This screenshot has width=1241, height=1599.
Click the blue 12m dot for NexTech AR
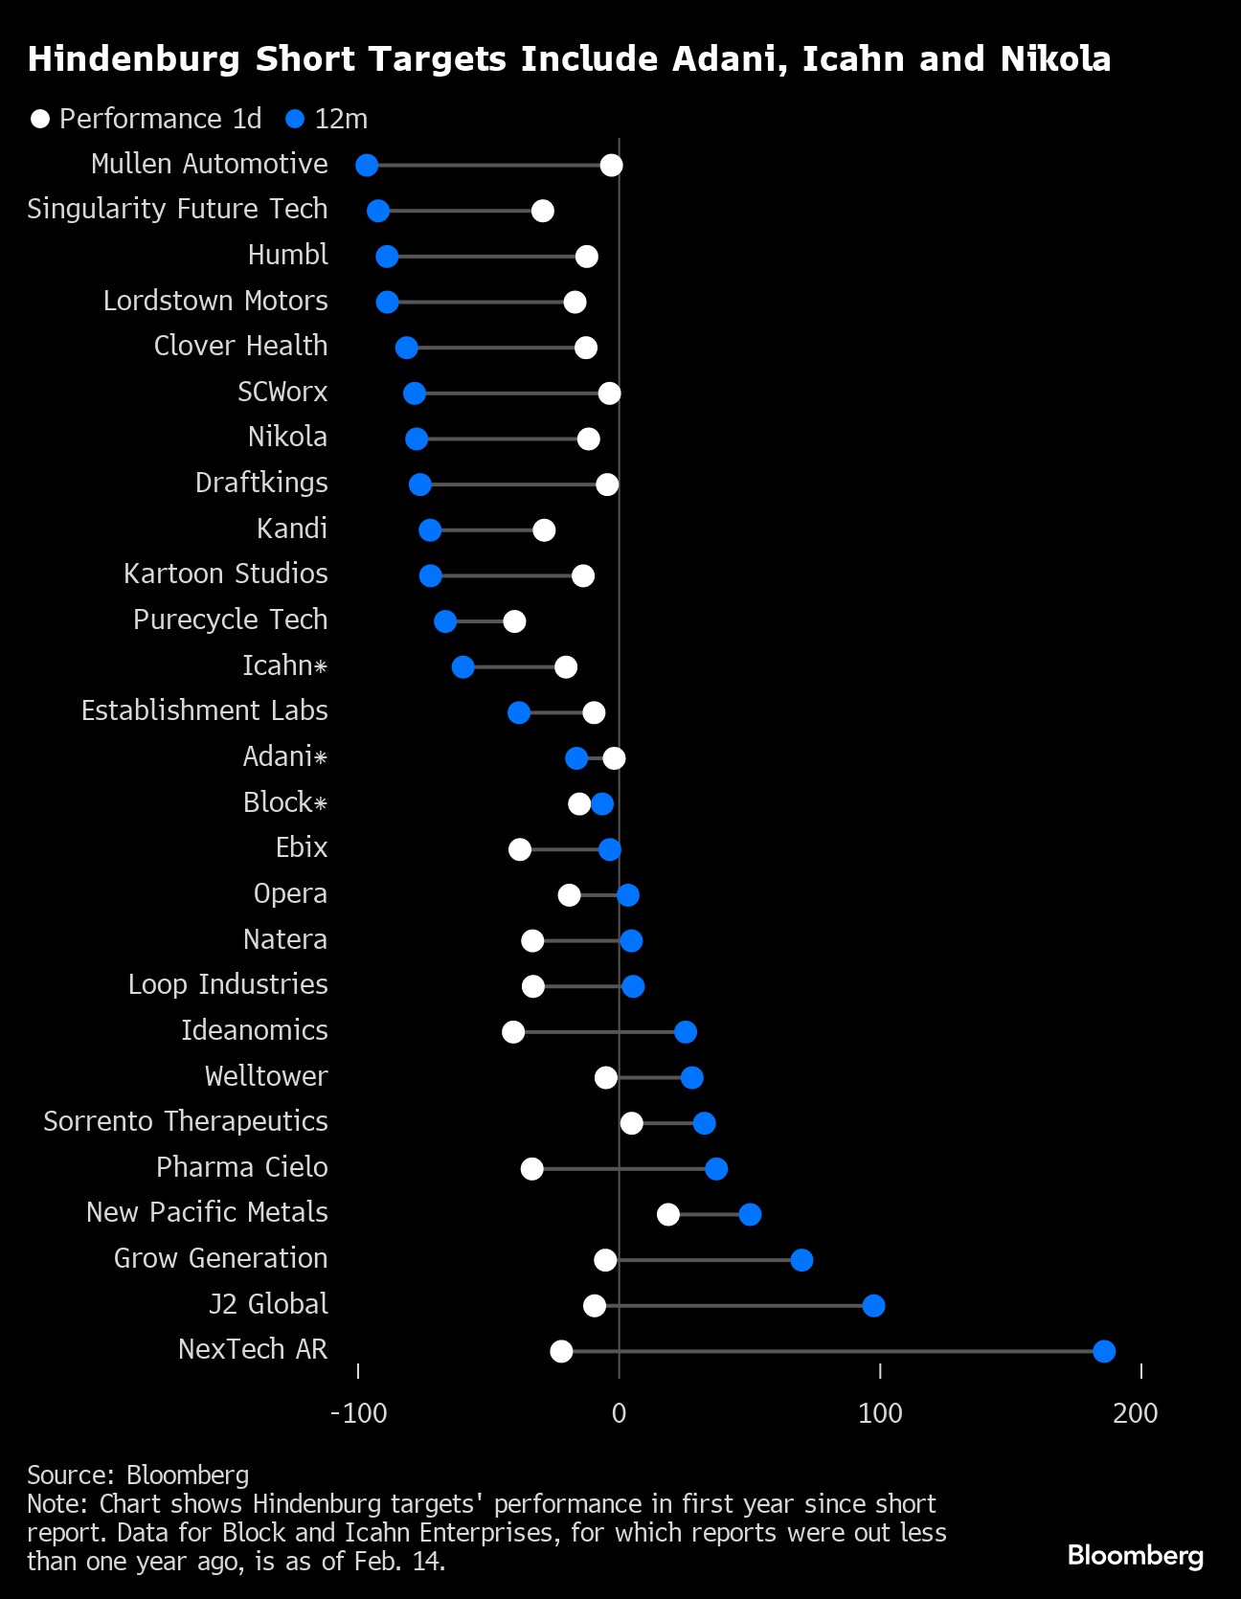(1104, 1351)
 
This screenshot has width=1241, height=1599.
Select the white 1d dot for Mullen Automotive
(611, 166)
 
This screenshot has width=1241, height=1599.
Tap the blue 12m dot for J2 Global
(873, 1305)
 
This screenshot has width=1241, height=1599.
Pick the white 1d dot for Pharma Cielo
(532, 1169)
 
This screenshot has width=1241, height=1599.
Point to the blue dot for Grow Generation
(801, 1260)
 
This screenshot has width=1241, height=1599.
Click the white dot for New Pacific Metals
(668, 1214)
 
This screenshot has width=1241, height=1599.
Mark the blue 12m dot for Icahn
(463, 667)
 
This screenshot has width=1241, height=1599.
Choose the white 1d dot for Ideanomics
(513, 1032)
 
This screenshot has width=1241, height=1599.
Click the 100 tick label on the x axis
(880, 1412)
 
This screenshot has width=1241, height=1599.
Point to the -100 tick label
(358, 1412)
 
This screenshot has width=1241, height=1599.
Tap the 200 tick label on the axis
(1136, 1412)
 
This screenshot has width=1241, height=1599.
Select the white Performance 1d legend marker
(40, 120)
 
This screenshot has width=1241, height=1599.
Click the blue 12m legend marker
(295, 120)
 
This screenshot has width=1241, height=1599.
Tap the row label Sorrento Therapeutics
(186, 1121)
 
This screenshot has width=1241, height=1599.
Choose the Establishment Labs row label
(204, 710)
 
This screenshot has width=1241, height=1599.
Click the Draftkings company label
(261, 483)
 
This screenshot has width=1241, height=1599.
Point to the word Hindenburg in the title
(134, 59)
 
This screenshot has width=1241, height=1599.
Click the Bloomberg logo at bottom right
(1135, 1555)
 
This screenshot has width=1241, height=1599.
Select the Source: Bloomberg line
(138, 1475)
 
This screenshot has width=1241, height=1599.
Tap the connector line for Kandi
(487, 530)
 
